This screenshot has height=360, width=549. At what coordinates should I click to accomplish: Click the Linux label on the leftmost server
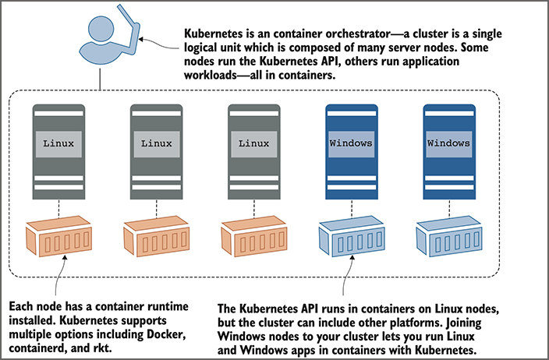pyautogui.click(x=58, y=143)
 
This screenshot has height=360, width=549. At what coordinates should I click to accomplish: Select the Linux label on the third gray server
pyautogui.click(x=253, y=143)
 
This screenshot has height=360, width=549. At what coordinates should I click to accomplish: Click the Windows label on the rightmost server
pyautogui.click(x=449, y=143)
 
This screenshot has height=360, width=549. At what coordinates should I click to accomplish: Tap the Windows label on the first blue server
pyautogui.click(x=351, y=143)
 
